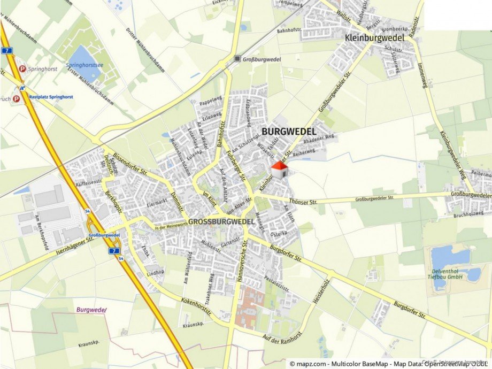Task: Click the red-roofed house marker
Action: pos(279,170)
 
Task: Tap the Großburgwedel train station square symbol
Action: pos(237,59)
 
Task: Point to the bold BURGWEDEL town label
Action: pos(289,131)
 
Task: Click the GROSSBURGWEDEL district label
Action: pos(221,221)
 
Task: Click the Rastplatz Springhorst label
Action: pos(51,97)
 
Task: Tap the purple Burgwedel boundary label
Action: pos(91,310)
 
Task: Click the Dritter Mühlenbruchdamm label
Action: pos(137,45)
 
